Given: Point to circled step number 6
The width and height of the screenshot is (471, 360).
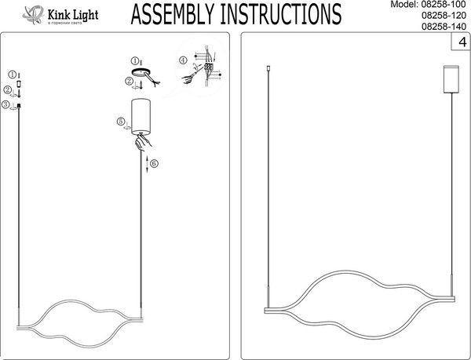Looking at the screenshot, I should click(154, 163).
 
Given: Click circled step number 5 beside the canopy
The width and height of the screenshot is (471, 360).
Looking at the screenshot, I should click(119, 122).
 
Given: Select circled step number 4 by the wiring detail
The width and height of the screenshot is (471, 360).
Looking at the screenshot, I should click(183, 60).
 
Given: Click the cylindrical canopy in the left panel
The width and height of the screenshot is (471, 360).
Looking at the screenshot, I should click(141, 116).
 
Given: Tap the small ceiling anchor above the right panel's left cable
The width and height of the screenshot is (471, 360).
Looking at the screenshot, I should click(269, 71).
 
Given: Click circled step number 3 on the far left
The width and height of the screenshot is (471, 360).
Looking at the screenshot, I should click(5, 104).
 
